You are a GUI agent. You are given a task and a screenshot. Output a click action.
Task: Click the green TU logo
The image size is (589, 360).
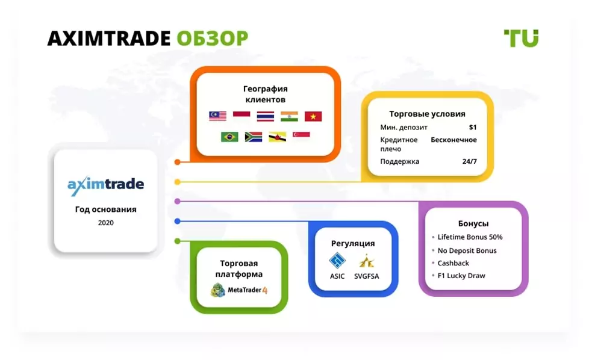pyautogui.click(x=521, y=39)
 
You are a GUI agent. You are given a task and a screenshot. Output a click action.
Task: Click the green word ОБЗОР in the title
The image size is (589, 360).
pyautogui.click(x=212, y=39)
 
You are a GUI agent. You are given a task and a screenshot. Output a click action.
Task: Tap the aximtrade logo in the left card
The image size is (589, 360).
pyautogui.click(x=105, y=185)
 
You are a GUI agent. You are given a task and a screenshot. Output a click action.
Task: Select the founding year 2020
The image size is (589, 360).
pyautogui.click(x=105, y=223)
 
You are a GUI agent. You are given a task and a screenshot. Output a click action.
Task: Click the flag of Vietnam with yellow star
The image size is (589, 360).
pyautogui.click(x=313, y=116)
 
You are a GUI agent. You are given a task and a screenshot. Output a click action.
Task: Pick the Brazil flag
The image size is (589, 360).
pyautogui.click(x=229, y=137)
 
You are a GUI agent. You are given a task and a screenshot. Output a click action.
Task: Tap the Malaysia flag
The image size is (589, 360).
pyautogui.click(x=217, y=116)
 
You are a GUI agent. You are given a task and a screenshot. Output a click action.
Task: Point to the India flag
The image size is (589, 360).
pyautogui.click(x=289, y=116)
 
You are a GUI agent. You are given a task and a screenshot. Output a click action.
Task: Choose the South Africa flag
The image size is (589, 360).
pyautogui.click(x=254, y=137)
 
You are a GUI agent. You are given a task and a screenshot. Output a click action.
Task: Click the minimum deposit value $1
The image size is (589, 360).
pyautogui.click(x=473, y=127)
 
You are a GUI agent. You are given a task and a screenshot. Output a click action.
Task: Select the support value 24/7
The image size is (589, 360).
pyautogui.click(x=470, y=161)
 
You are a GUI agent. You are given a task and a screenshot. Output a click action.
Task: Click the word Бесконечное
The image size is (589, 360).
pyautogui.click(x=453, y=140)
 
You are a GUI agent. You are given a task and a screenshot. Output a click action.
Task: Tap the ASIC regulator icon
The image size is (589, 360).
pyautogui.click(x=337, y=261)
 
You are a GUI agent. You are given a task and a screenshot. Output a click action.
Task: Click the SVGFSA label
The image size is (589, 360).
pyautogui.click(x=367, y=276)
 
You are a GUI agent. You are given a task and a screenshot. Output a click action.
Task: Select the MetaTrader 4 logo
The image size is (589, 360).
pyautogui.click(x=239, y=290)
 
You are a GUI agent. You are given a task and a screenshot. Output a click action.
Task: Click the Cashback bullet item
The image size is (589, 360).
pyautogui.click(x=450, y=263)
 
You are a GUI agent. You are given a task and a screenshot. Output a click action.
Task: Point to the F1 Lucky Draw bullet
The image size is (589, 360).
pyautogui.click(x=459, y=276)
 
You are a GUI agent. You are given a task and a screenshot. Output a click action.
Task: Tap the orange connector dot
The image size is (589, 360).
pyautogui.click(x=177, y=162)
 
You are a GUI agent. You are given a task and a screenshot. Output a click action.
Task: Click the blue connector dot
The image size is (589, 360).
pyautogui.click(x=177, y=222)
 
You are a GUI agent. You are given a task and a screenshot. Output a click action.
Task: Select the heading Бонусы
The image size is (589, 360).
pyautogui.click(x=473, y=224)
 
